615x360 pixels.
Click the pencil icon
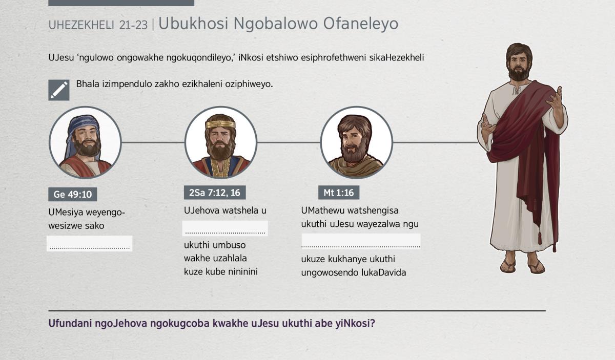59,90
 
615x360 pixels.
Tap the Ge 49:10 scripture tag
72,194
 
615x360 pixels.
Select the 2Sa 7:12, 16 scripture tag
215,193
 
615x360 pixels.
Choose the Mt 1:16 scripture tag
339,193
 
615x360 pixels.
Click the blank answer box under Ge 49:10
90,243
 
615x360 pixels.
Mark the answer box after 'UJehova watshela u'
225,228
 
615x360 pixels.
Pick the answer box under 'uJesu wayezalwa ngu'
361,241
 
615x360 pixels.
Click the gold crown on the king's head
220,124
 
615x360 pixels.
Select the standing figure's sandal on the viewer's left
508,266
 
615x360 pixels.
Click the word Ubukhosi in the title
194,24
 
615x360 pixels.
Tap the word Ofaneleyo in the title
360,24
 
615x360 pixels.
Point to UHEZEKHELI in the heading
81,25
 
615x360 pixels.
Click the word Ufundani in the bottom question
70,323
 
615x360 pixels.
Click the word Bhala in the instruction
88,84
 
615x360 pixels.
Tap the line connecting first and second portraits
153,142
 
